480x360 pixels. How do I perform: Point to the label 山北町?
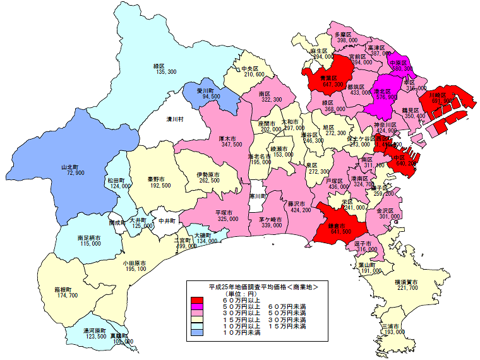70,167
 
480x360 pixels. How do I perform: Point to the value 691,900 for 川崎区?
441,100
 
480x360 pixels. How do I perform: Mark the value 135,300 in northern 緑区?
159,72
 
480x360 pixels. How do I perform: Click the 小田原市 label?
135,262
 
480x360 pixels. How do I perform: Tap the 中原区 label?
398,63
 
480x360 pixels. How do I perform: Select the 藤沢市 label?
297,204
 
